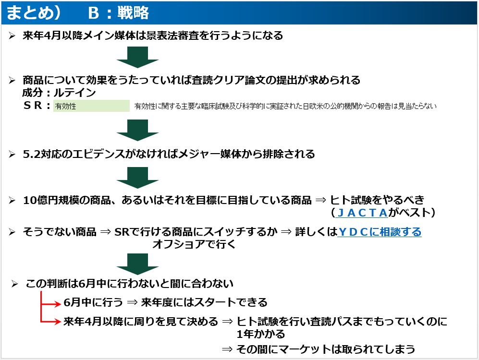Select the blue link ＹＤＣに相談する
pyautogui.click(x=380, y=232)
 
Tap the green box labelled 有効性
pyautogui.click(x=91, y=106)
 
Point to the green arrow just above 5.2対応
pyautogui.click(x=138, y=130)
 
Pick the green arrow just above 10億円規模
pyautogui.click(x=138, y=178)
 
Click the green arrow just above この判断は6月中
pyautogui.click(x=138, y=264)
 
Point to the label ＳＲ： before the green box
pyautogui.click(x=37, y=106)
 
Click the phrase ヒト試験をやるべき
pyautogui.click(x=377, y=201)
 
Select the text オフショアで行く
pyautogui.click(x=194, y=244)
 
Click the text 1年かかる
pyautogui.click(x=261, y=334)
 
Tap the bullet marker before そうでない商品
pyautogui.click(x=12, y=232)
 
